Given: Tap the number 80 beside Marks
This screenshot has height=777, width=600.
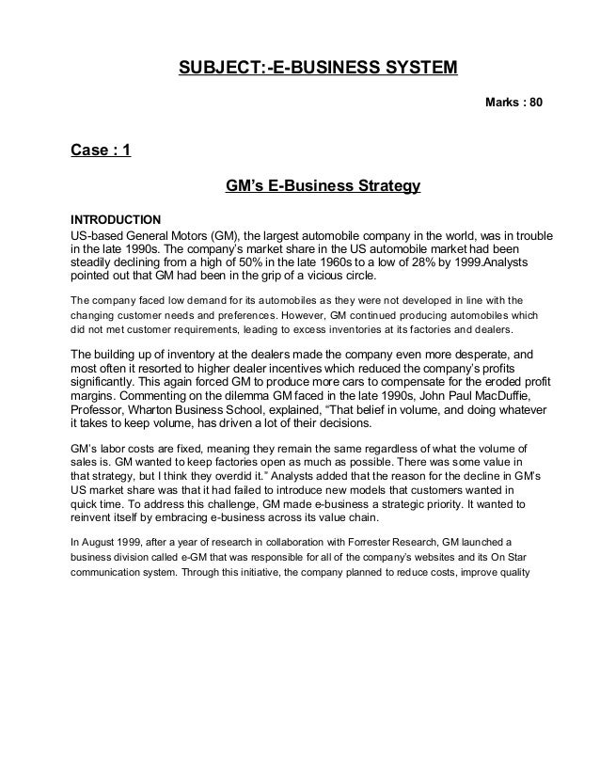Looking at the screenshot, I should tap(534, 101).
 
